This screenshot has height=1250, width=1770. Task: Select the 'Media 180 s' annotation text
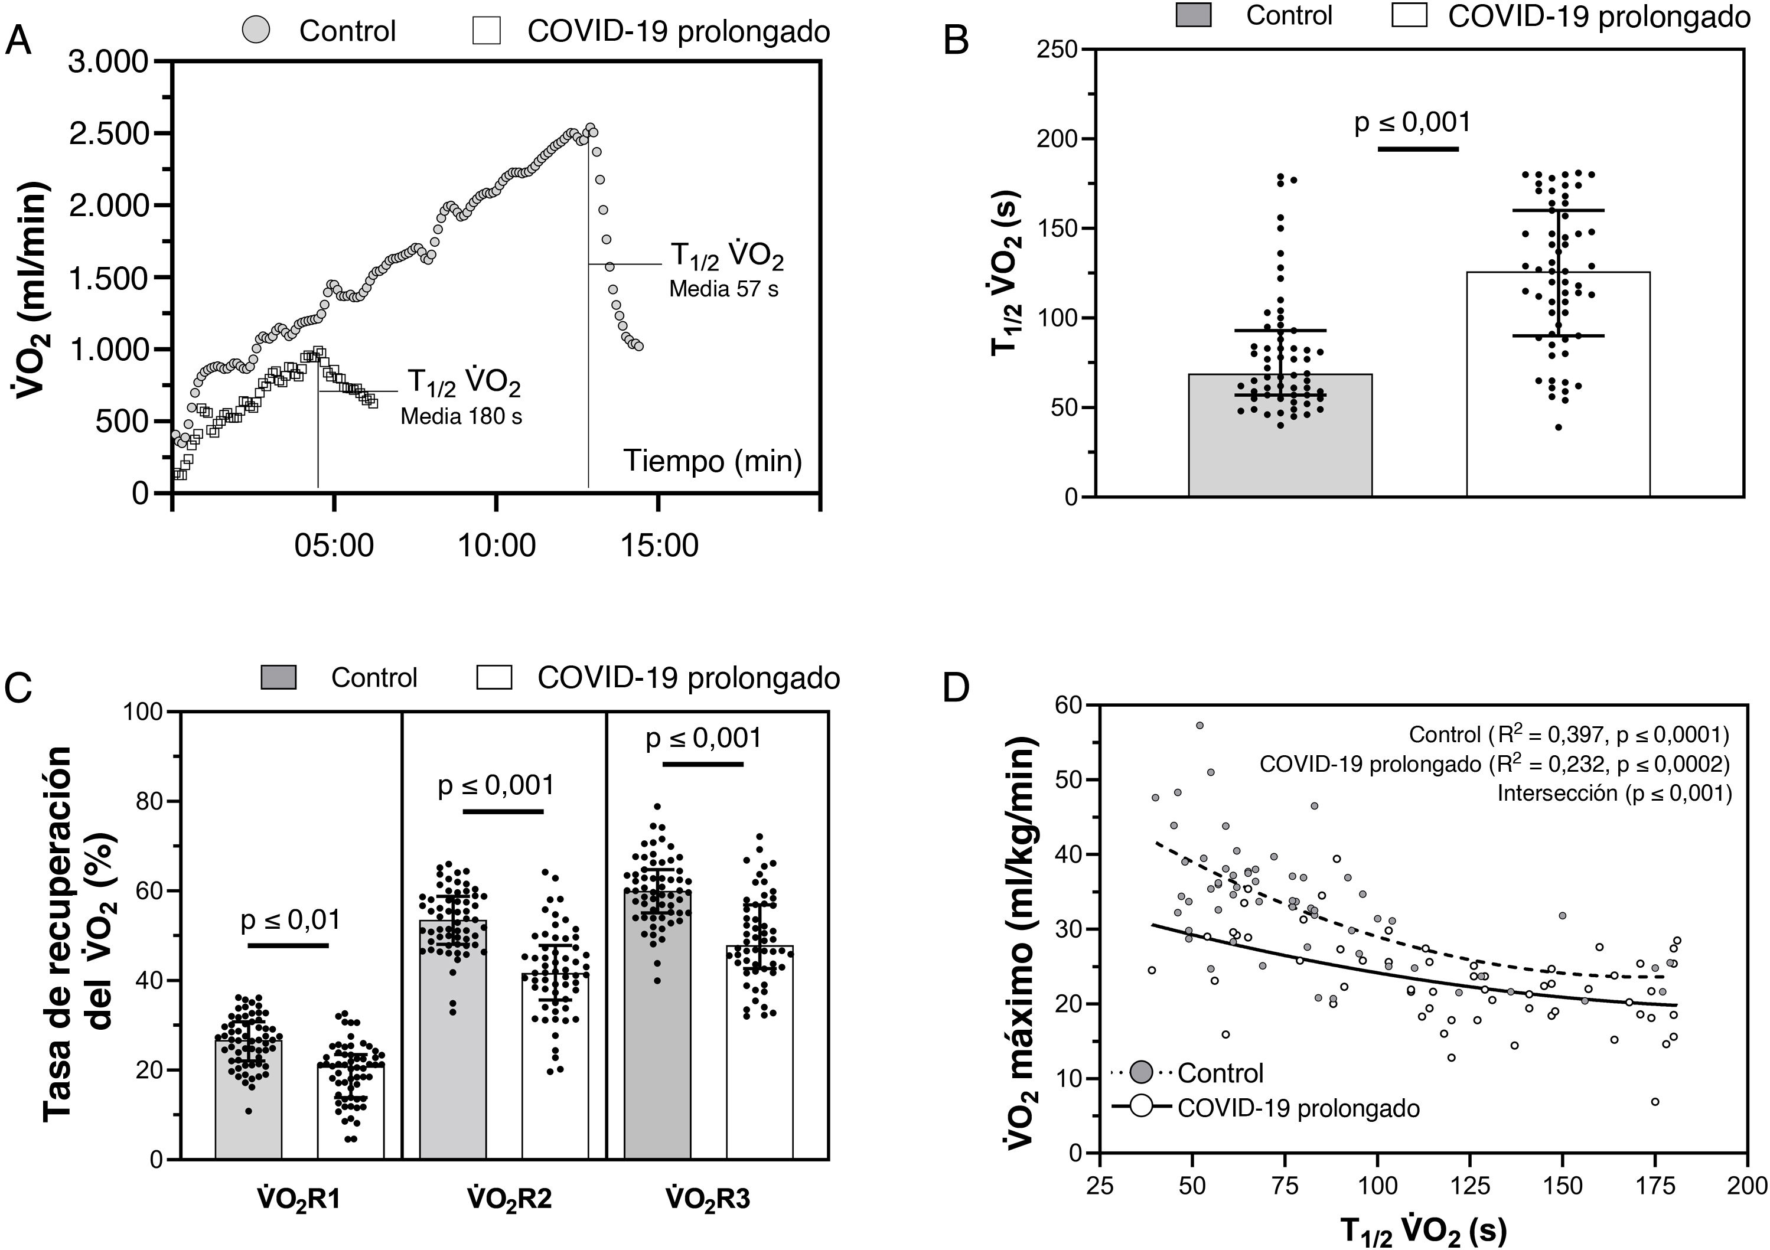coord(461,416)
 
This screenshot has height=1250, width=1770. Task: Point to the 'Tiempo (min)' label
coord(712,461)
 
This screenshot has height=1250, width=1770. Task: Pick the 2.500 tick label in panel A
coord(109,133)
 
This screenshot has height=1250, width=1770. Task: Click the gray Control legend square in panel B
coord(1192,15)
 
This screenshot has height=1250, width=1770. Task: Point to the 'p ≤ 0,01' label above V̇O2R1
coord(290,919)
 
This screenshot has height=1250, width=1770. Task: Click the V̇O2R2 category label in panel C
coord(510,1199)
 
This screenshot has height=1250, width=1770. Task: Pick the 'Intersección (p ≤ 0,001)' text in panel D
coord(1614,793)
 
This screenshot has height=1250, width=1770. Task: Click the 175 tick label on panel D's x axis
coord(1650,1184)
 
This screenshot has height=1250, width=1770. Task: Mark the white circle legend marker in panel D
coord(1141,1108)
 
